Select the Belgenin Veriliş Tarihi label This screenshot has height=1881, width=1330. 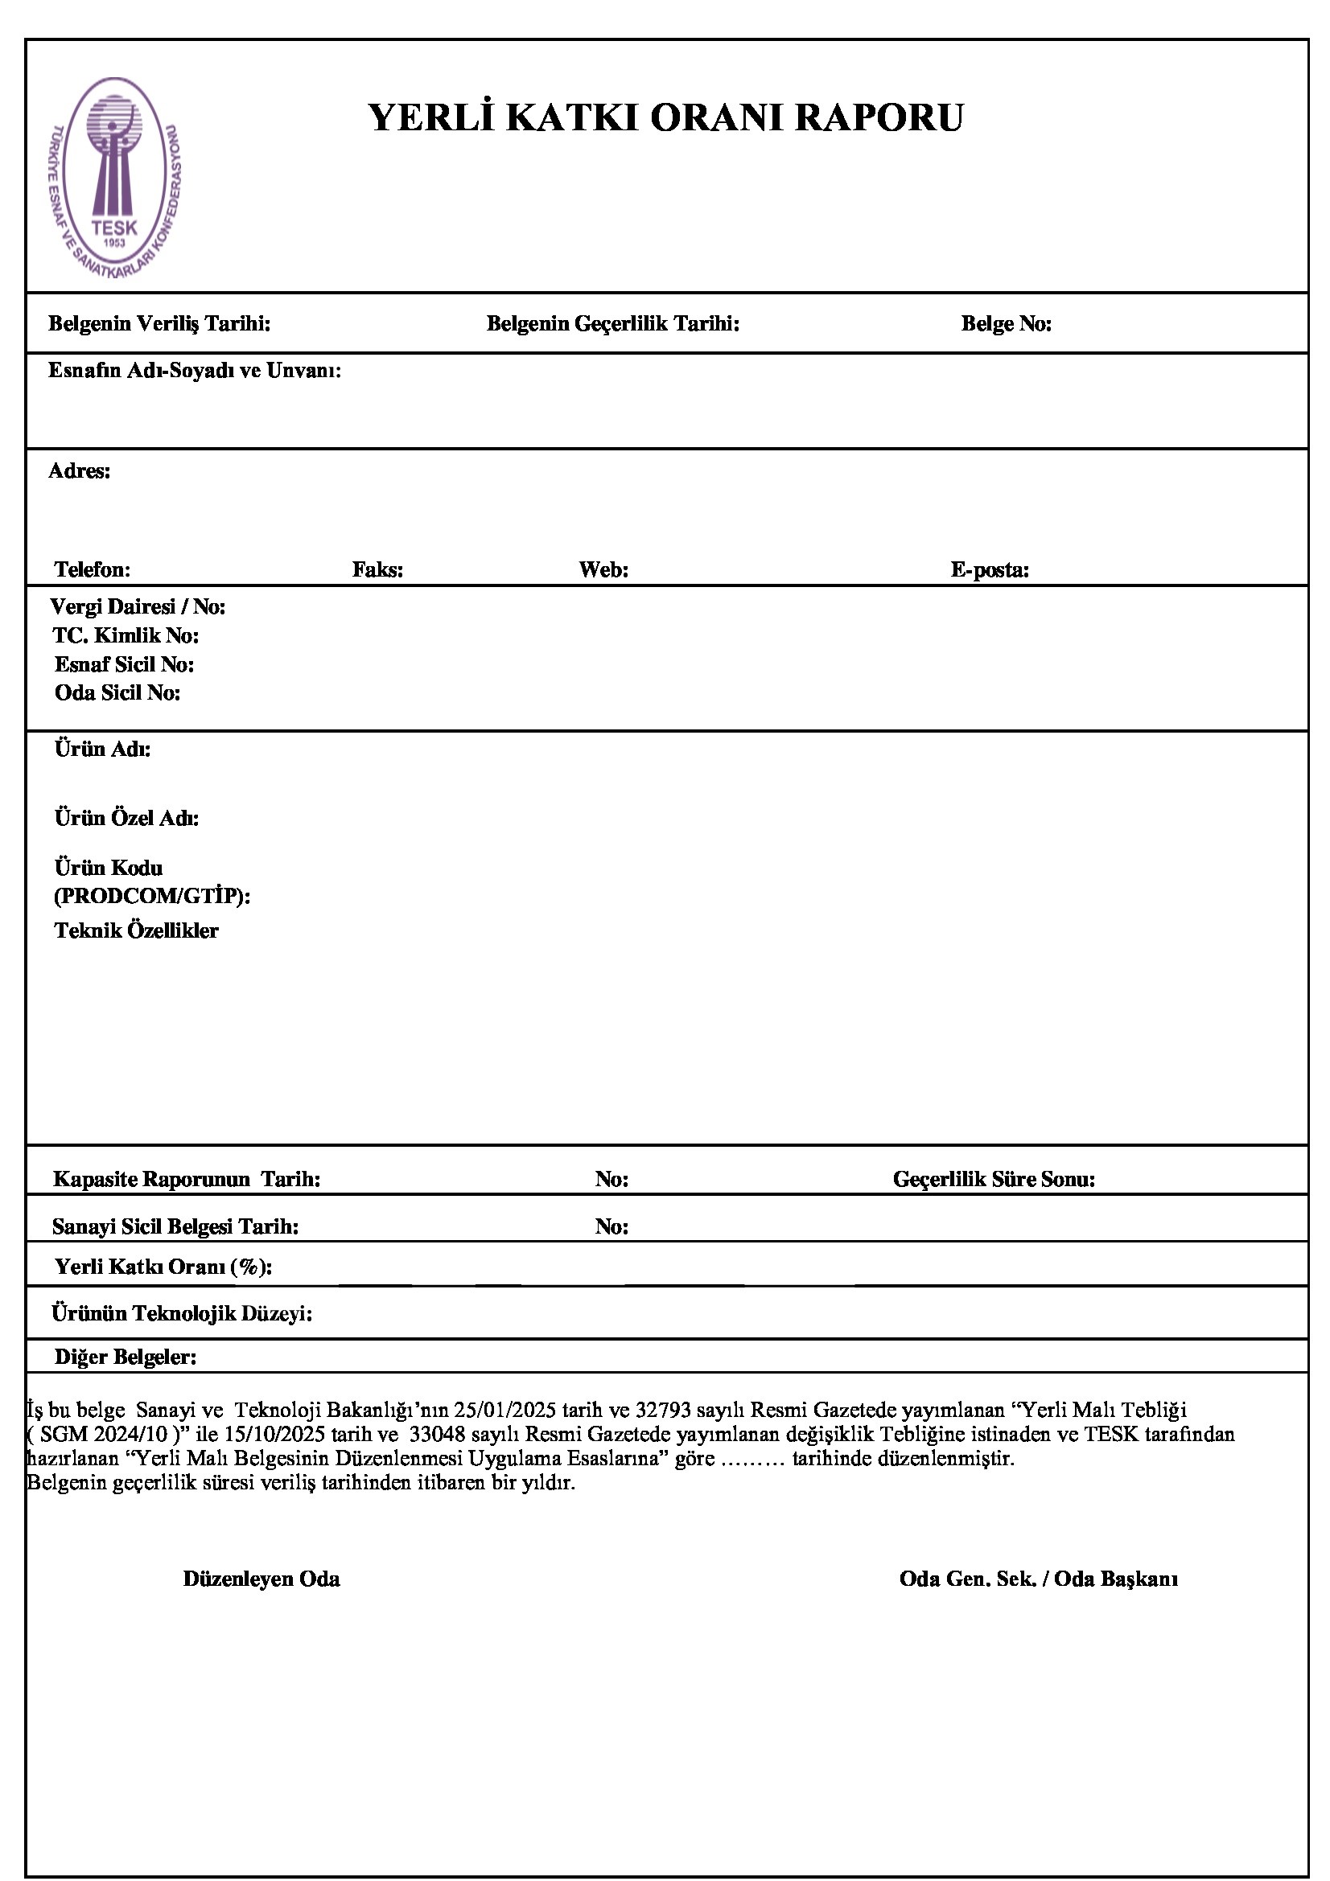tap(160, 323)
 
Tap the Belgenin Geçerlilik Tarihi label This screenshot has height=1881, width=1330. tap(613, 323)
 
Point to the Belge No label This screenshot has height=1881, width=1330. tap(1007, 324)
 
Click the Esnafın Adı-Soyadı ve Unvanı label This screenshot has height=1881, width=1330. tap(195, 371)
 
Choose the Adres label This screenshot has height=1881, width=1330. tap(80, 471)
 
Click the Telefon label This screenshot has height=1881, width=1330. tap(93, 569)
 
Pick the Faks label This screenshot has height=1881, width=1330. tap(378, 569)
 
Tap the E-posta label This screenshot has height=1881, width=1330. tap(990, 569)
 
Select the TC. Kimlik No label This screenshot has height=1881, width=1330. tap(126, 636)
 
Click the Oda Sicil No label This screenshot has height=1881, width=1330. tap(118, 693)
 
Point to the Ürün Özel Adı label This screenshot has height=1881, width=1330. tap(127, 818)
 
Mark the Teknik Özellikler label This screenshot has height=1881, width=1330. tap(137, 930)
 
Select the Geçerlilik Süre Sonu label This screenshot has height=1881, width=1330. tap(994, 1180)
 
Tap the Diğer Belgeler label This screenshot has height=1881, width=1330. tap(126, 1357)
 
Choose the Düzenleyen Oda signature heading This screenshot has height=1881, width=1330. tap(261, 1579)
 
